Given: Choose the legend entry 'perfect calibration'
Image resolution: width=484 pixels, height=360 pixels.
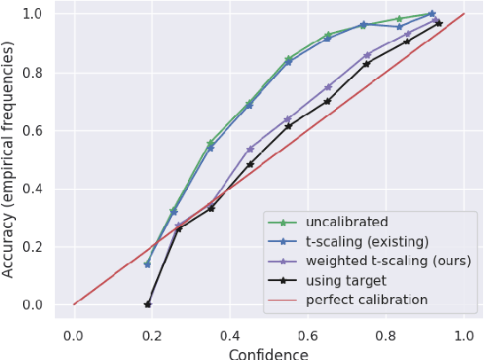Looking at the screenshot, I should [x=366, y=300].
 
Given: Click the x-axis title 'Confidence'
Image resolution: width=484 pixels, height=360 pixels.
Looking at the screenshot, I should [x=269, y=354].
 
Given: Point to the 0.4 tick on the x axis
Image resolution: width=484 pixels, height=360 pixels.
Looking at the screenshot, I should [x=230, y=335].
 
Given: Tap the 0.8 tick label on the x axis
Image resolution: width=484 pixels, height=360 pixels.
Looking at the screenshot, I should [x=386, y=335].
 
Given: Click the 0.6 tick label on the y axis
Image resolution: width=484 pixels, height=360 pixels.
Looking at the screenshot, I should [x=34, y=130].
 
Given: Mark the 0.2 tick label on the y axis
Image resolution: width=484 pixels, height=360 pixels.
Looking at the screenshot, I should [x=34, y=247].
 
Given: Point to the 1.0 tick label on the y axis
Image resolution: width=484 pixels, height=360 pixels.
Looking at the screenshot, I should [x=34, y=14].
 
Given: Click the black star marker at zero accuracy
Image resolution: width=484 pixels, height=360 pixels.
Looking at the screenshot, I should [x=147, y=304].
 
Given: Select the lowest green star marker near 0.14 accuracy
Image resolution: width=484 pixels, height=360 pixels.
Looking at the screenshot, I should [x=147, y=263].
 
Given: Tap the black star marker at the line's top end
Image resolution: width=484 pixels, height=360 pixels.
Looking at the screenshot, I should [x=439, y=23].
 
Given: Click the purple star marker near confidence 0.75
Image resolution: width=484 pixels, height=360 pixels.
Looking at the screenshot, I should [x=367, y=55].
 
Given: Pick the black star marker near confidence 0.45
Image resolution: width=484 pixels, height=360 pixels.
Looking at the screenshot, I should [x=250, y=164].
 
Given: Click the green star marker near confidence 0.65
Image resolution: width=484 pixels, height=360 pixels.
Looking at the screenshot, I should [x=328, y=35].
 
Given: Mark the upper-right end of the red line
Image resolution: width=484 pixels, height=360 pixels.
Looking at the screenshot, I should [x=464, y=13].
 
